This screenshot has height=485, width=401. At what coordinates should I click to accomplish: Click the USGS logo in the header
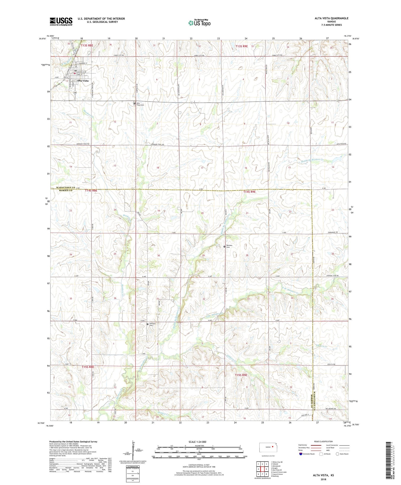point(61,21)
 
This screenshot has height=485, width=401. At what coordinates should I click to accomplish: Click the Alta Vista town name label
point(83,81)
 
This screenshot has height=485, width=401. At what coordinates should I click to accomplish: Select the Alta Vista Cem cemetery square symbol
point(134,104)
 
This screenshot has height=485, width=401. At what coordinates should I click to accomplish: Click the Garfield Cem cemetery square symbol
point(148,324)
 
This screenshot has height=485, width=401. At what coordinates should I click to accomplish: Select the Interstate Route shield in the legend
point(301,454)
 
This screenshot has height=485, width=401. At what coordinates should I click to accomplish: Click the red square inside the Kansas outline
point(273,446)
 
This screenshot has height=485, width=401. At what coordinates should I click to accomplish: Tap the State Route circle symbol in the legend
point(338,454)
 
